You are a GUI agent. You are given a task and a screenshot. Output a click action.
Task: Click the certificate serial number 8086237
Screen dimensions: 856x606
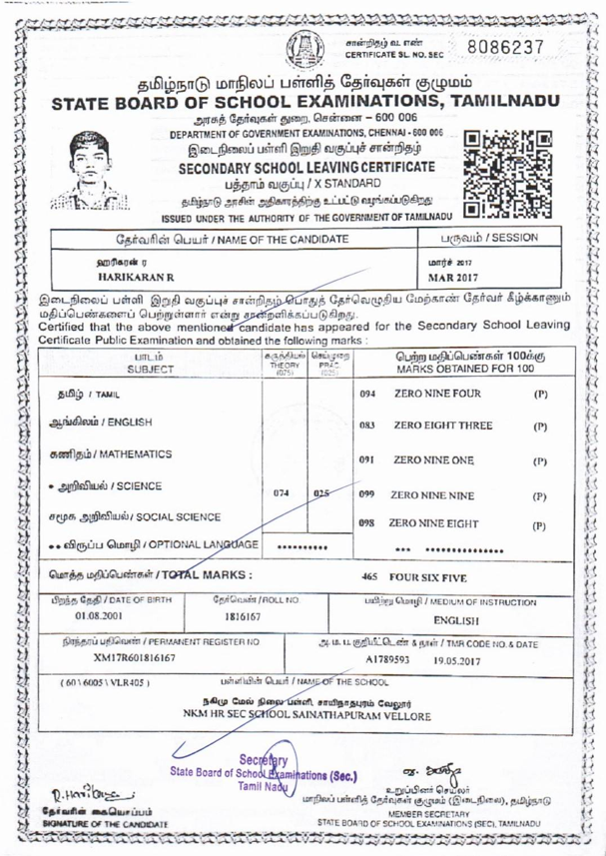pyautogui.click(x=516, y=47)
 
